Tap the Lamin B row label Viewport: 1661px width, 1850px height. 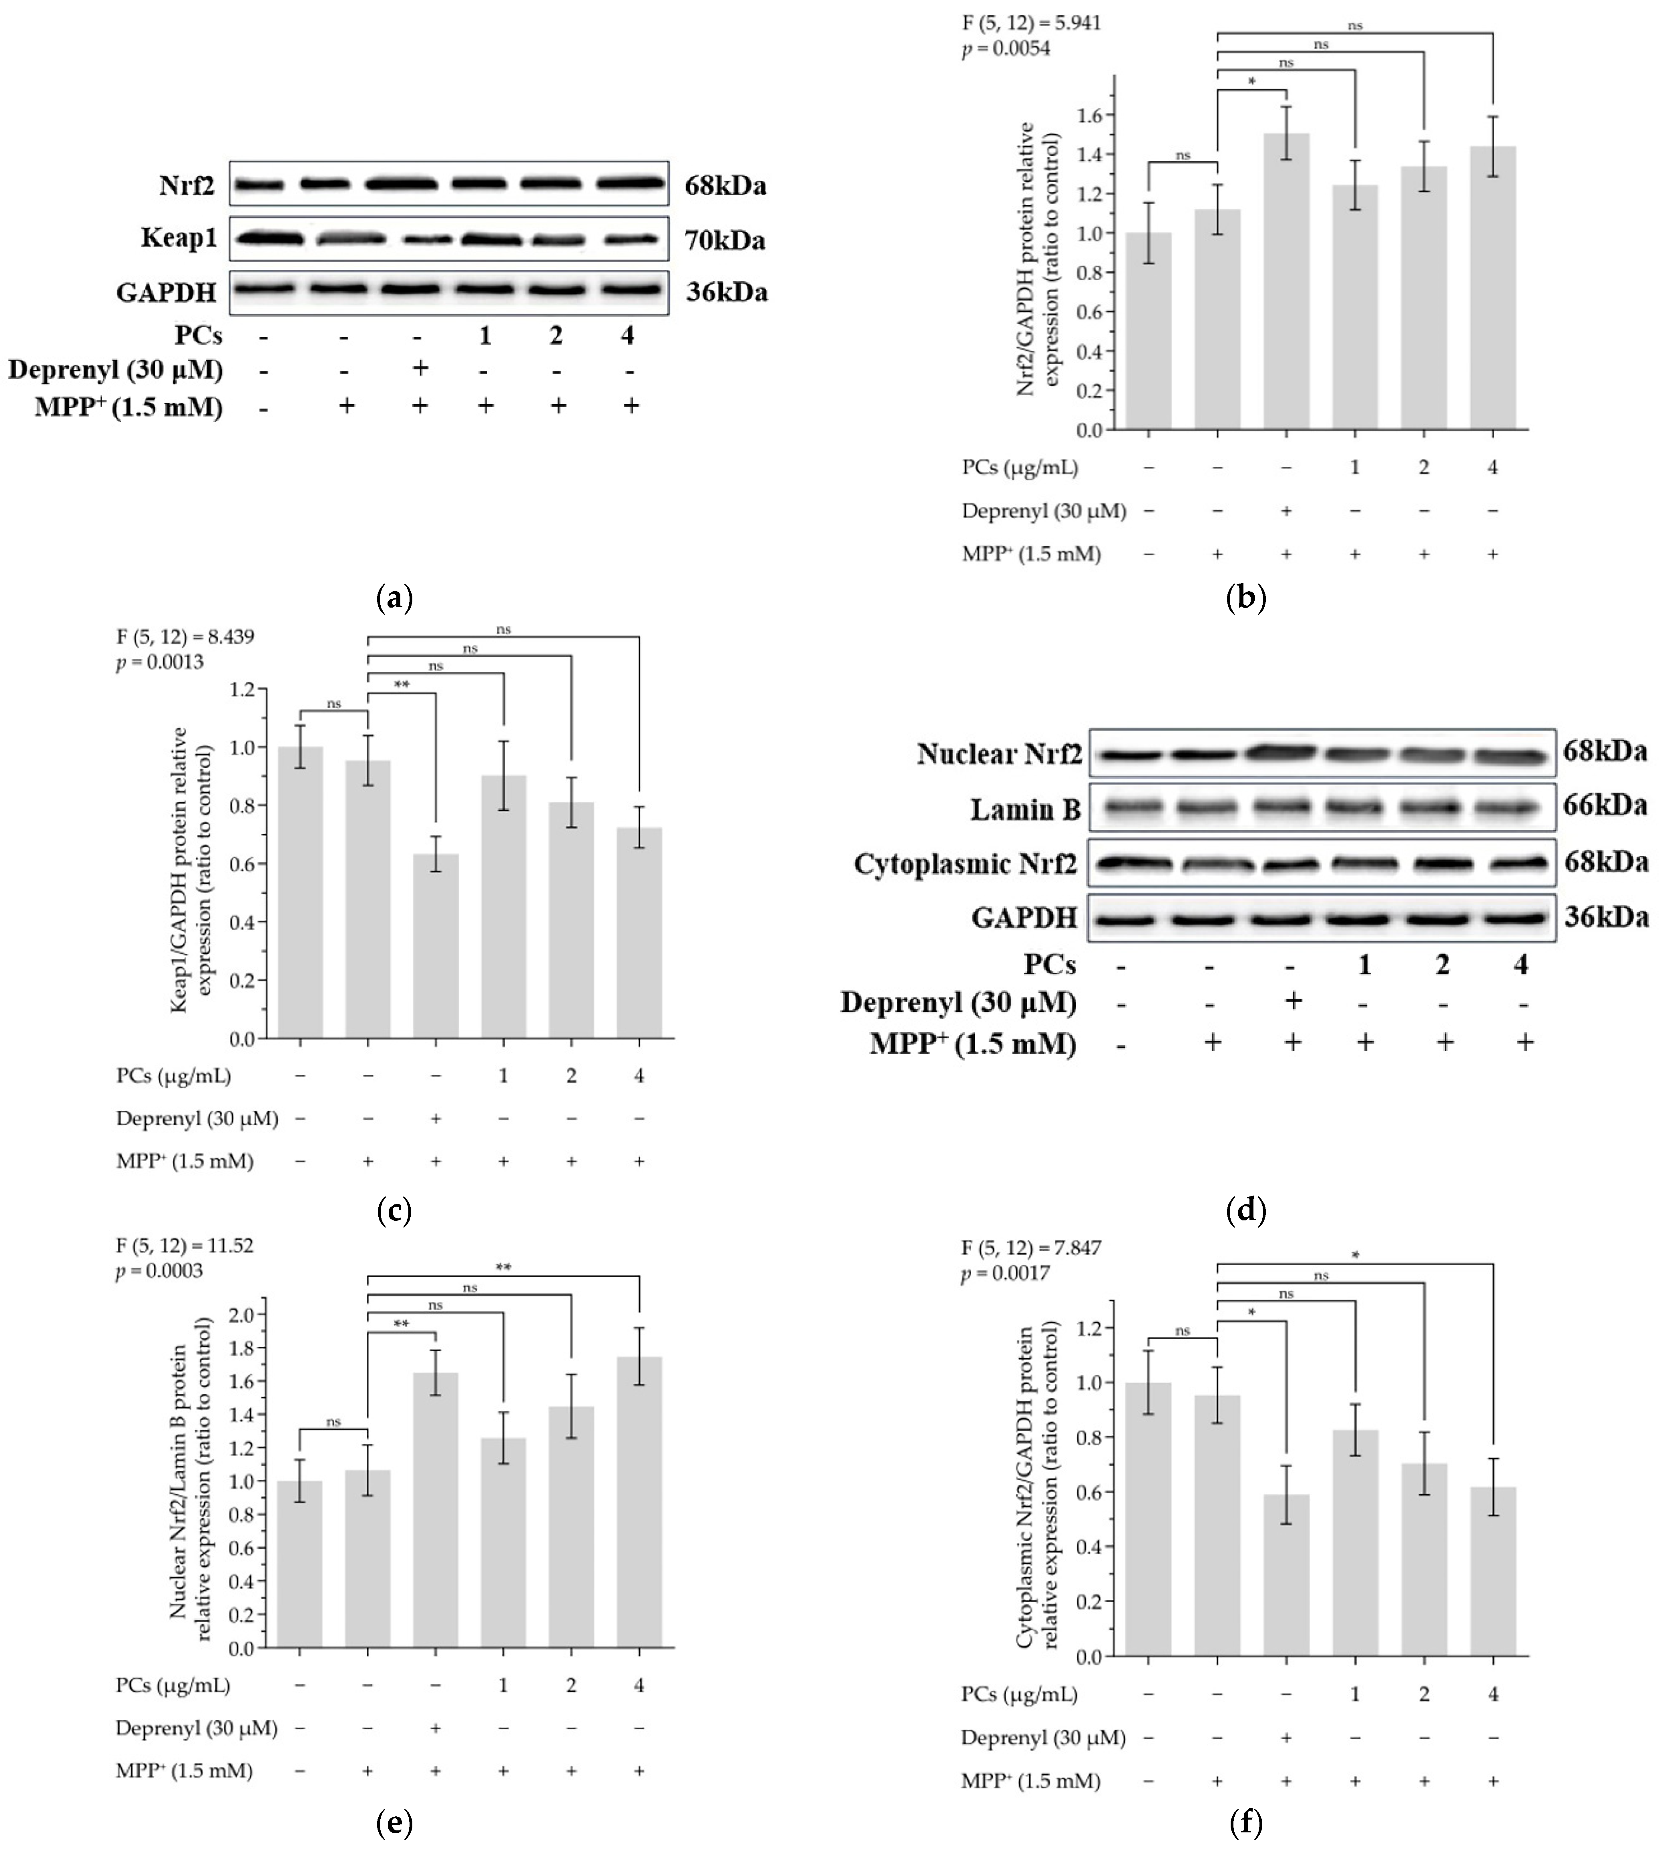point(1025,809)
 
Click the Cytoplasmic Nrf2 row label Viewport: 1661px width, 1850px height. point(966,864)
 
